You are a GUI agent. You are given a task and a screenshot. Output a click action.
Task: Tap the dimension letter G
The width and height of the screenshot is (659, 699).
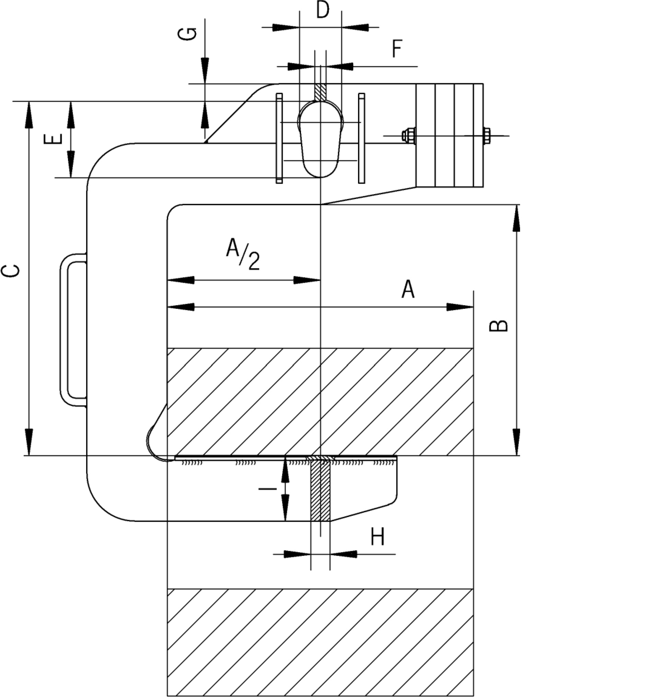[x=190, y=34]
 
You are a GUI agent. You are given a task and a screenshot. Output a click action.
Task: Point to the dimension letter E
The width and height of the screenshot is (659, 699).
[x=53, y=139]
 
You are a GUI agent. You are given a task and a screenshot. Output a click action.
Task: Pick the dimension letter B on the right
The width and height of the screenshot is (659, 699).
[x=499, y=326]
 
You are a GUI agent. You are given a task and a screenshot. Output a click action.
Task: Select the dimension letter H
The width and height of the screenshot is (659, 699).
[x=378, y=537]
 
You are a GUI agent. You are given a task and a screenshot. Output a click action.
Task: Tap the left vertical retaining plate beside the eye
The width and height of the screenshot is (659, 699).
[x=279, y=138]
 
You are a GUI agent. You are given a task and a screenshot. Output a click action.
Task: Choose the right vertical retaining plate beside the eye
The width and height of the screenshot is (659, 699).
[x=361, y=138]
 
